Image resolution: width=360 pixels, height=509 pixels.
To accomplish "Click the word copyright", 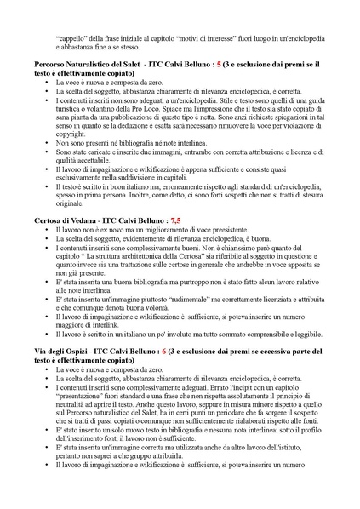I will click(x=71, y=134).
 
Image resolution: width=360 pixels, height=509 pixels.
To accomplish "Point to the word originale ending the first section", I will click(x=72, y=204).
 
